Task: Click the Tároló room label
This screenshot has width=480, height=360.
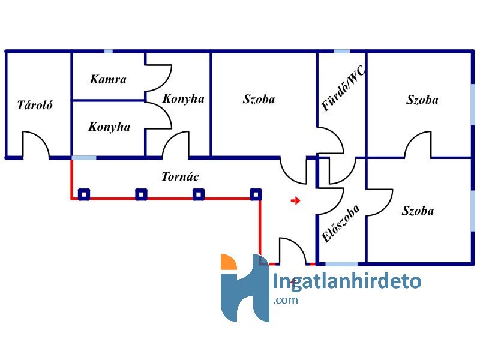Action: (x=35, y=105)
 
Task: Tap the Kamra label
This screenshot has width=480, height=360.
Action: (x=108, y=79)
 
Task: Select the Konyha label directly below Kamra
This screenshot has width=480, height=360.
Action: (x=109, y=127)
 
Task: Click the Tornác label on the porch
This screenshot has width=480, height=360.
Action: (x=180, y=176)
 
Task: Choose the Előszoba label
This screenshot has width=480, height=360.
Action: (x=341, y=223)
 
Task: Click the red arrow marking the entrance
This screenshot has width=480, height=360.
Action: (x=295, y=201)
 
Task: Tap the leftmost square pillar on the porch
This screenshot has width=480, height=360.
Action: (x=84, y=194)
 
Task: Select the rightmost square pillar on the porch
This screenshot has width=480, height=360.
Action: (x=256, y=194)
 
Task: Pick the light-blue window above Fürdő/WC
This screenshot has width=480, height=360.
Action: (x=341, y=51)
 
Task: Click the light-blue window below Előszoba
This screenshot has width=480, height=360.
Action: (x=341, y=264)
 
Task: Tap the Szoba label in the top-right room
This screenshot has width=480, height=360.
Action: (x=422, y=100)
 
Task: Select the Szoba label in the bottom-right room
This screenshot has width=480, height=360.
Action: (x=418, y=211)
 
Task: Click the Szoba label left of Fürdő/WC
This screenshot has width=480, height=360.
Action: (x=259, y=99)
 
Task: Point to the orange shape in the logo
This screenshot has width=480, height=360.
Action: (x=228, y=262)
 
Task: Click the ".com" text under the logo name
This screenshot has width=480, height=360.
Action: (x=286, y=300)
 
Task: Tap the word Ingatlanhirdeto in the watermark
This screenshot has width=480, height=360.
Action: (x=347, y=281)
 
